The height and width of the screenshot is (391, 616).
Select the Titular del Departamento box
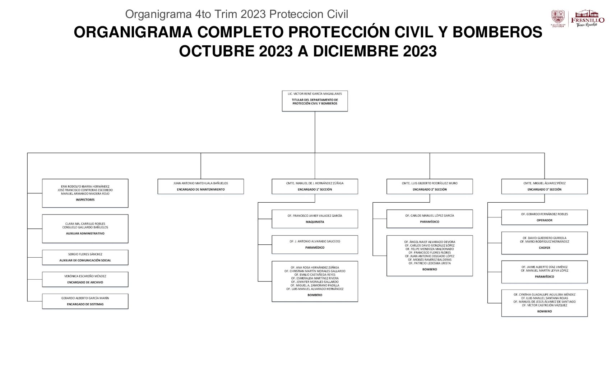pyautogui.click(x=315, y=101)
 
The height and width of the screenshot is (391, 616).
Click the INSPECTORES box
pyautogui.click(x=85, y=193)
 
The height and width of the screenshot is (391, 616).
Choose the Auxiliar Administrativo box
pyautogui.click(x=85, y=229)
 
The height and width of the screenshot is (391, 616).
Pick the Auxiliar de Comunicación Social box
pyautogui.click(x=85, y=257)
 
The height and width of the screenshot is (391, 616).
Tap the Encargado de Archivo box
pyautogui.click(x=85, y=279)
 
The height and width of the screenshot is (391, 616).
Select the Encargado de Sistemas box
pyautogui.click(x=85, y=301)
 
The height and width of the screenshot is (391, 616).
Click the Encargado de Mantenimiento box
pyautogui.click(x=200, y=187)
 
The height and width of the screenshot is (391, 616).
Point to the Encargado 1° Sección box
pyautogui.click(x=315, y=187)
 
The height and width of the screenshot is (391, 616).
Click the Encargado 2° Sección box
pyautogui.click(x=430, y=187)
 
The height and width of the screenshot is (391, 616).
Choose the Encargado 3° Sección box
pyautogui.click(x=544, y=187)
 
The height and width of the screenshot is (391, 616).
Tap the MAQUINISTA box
pyautogui.click(x=315, y=219)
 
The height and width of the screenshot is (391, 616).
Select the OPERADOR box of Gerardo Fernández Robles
pyautogui.click(x=544, y=217)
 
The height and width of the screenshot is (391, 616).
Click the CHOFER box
pyautogui.click(x=544, y=243)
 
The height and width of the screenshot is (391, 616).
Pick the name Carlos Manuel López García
pyautogui.click(x=430, y=216)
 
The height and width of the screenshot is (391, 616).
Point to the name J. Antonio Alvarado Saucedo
pyautogui.click(x=315, y=241)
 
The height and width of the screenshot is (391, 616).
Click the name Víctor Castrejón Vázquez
pyautogui.click(x=545, y=305)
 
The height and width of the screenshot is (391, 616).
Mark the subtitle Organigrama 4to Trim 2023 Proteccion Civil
pyautogui.click(x=237, y=14)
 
